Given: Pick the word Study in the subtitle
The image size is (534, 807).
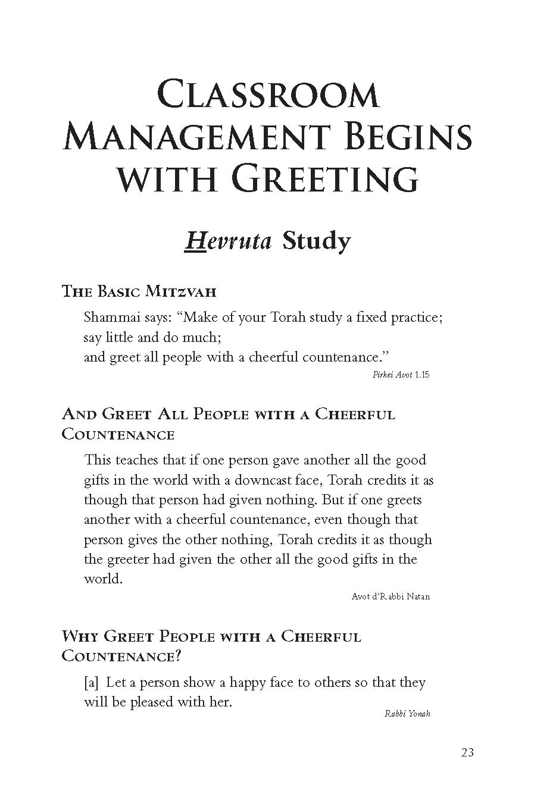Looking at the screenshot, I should click(x=316, y=241).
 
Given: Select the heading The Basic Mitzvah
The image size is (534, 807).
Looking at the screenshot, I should click(x=139, y=291).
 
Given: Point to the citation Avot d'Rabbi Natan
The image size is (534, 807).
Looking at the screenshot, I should click(x=391, y=596).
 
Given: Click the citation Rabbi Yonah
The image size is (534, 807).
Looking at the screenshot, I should click(x=407, y=714).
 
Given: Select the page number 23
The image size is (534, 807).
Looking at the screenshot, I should click(x=467, y=752).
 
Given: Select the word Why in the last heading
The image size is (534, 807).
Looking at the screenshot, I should click(x=80, y=637).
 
